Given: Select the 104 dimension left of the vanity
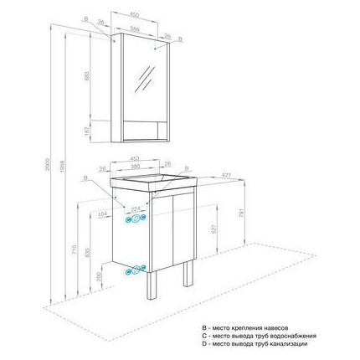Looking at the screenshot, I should pos(103,215).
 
